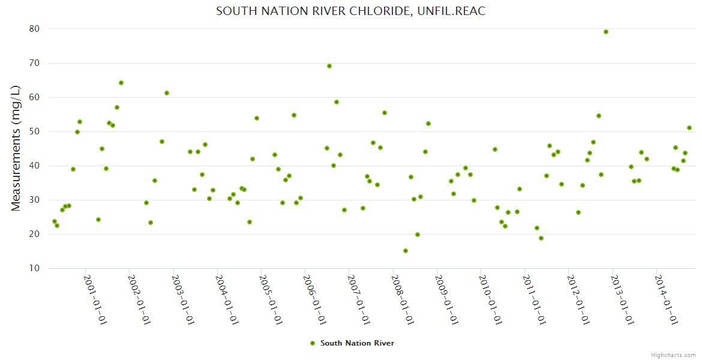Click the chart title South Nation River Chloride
coord(350,11)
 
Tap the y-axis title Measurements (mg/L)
coord(16,148)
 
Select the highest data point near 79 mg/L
coord(606,32)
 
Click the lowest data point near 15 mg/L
coord(406,251)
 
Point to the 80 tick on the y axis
coord(34,29)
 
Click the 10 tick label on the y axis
coord(34,268)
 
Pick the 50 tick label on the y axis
coord(34,131)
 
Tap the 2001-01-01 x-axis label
coord(95,299)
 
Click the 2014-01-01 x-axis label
coord(667,299)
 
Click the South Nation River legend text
coord(357,343)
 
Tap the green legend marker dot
coord(312,343)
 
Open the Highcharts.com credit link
coord(673,355)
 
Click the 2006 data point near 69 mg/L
coord(329,66)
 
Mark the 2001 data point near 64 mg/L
coord(121,83)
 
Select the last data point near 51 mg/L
coord(689,128)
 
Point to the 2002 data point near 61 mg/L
coord(167,93)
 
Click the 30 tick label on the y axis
coord(34,200)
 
